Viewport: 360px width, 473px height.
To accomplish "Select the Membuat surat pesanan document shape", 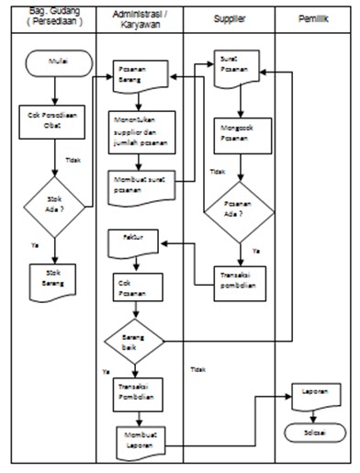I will (x=140, y=183).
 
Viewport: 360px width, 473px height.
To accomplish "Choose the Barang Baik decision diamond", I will (x=134, y=342).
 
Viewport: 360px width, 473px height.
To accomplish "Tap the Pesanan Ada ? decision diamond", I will (x=240, y=211).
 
